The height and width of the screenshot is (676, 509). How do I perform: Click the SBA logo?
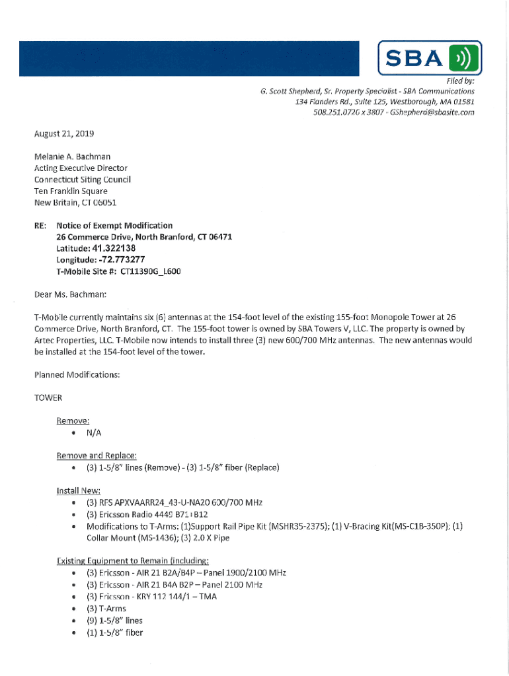click(x=430, y=58)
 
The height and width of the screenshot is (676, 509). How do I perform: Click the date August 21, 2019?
click(x=64, y=133)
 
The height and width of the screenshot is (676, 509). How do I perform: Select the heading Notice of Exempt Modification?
click(x=114, y=226)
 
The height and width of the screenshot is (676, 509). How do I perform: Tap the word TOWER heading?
click(x=48, y=398)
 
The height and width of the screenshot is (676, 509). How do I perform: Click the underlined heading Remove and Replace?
click(x=97, y=456)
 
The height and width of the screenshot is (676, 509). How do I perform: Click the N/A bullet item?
click(x=94, y=432)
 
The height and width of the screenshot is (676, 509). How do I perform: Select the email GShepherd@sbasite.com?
click(x=432, y=112)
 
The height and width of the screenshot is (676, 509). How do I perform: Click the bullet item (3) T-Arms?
click(x=106, y=608)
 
